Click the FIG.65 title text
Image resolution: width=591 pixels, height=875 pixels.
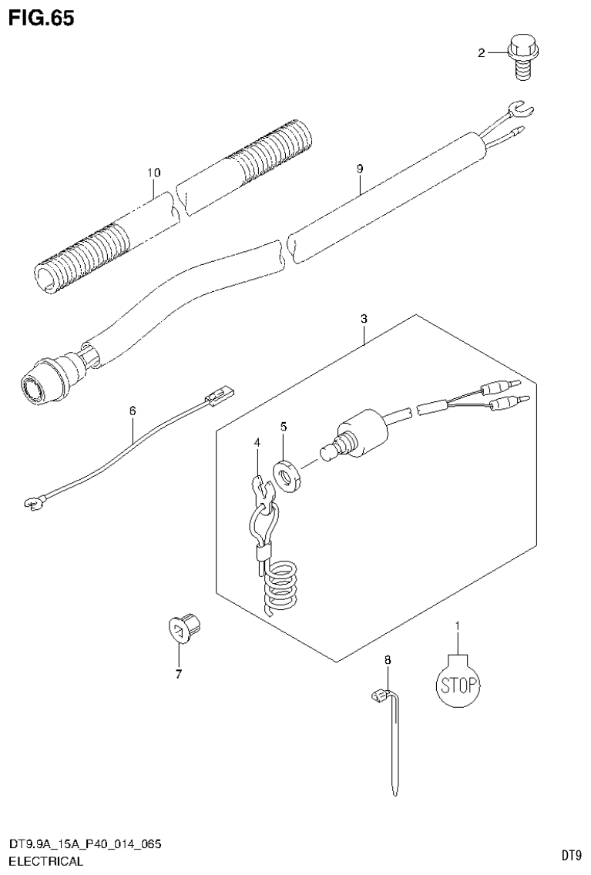coord(42,18)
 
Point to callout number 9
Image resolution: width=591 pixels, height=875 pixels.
coord(359,167)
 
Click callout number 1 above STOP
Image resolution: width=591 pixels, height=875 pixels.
coord(457,625)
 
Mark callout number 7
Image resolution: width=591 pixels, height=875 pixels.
coord(178,675)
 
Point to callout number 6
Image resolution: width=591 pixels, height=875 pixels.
coord(132,411)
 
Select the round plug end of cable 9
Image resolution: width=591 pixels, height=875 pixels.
coord(38,386)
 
